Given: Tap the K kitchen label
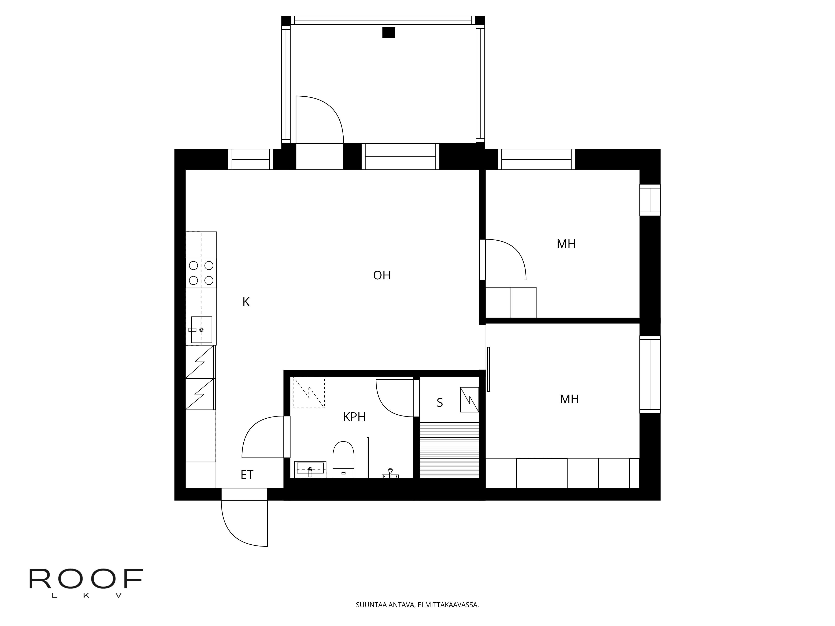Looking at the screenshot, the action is pos(246,302).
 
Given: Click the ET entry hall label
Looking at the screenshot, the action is pos(247,475).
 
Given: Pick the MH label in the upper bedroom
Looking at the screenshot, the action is pos(566,244).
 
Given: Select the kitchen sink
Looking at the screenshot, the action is pos(201,330).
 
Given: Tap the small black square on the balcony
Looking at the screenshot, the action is pos(389,33).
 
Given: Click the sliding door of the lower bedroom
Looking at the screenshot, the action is pos(488,369).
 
